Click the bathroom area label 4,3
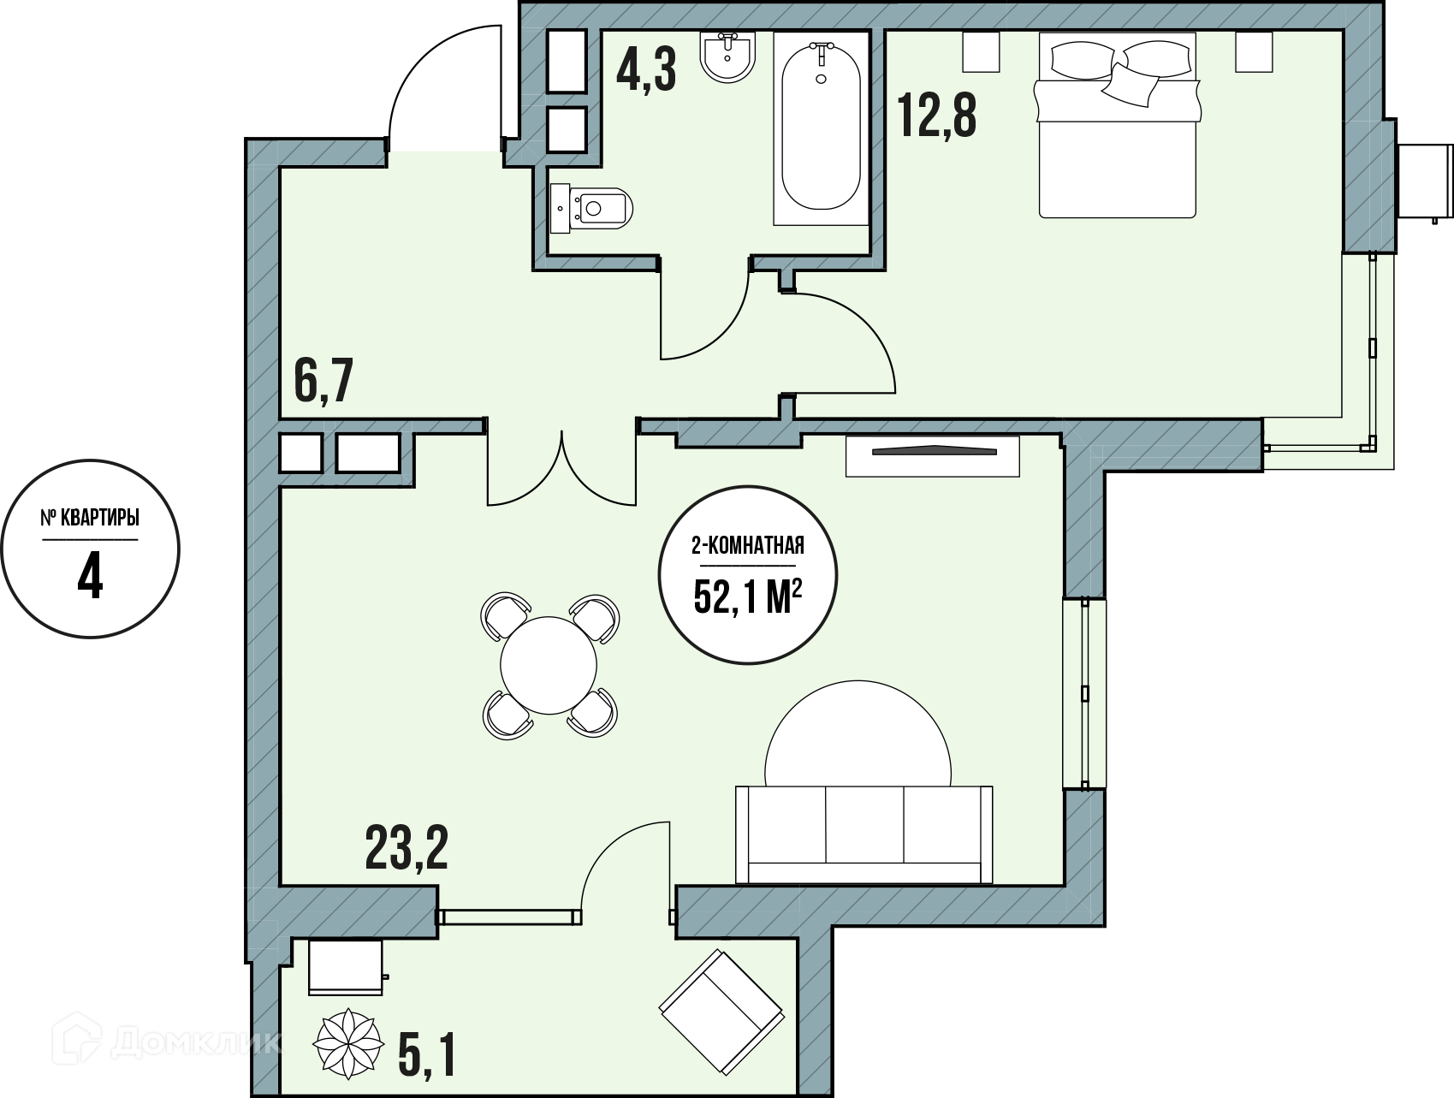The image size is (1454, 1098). click(646, 70)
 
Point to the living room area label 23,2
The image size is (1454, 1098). click(407, 847)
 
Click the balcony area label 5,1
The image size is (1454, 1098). click(427, 1055)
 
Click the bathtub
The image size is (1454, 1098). click(822, 128)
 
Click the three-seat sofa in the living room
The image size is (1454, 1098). click(864, 834)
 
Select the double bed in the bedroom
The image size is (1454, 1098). click(1117, 125)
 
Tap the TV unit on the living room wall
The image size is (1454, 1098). click(933, 455)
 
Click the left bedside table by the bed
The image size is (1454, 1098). click(982, 51)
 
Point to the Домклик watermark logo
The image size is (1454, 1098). click(167, 1042)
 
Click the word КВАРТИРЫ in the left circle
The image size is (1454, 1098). click(100, 519)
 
